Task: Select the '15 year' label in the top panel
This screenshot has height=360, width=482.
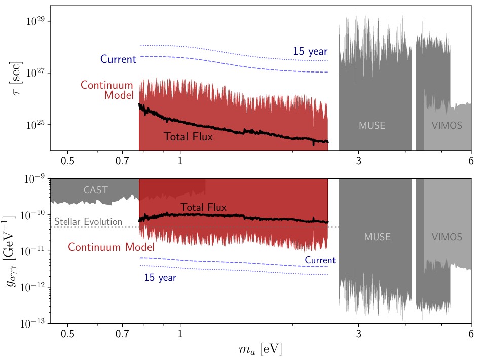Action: [x=310, y=51]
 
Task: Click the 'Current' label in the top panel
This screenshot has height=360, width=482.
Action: [x=118, y=59]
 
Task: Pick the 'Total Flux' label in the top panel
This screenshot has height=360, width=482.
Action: [x=188, y=137]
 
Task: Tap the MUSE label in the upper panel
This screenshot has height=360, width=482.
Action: [x=372, y=126]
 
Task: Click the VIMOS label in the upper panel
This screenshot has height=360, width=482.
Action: [x=447, y=126]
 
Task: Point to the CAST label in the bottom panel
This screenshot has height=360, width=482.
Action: [x=96, y=190]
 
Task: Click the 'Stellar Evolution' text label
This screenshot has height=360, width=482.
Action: [x=88, y=222]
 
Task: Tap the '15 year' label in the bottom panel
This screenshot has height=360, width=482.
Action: [x=160, y=277]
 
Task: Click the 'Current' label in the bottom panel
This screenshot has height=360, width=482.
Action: [x=320, y=260]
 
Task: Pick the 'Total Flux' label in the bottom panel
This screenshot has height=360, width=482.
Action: [x=203, y=207]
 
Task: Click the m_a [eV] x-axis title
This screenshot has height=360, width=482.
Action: [x=261, y=350]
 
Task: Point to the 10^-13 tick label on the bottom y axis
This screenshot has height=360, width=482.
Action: [x=34, y=323]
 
